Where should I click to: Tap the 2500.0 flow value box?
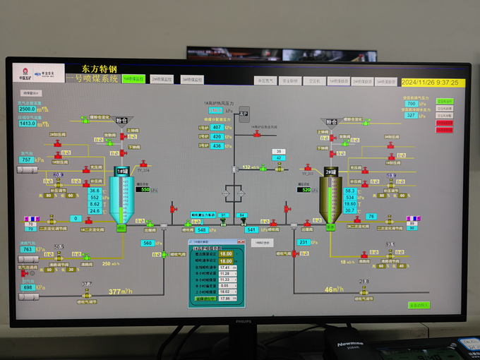(27, 109)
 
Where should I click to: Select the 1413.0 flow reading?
(27, 124)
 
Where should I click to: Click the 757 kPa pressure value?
(28, 160)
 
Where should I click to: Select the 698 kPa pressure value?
(29, 287)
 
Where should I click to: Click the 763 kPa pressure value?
(28, 249)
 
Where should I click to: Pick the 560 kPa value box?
(148, 243)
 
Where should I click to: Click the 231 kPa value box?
(303, 242)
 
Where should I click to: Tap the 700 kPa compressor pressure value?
(412, 104)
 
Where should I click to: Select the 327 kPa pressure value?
(412, 116)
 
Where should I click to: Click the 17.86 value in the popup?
(225, 299)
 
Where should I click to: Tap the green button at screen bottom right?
(419, 305)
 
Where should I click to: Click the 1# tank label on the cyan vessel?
(121, 172)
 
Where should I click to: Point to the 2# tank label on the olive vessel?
(330, 172)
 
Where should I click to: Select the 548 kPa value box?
(202, 230)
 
